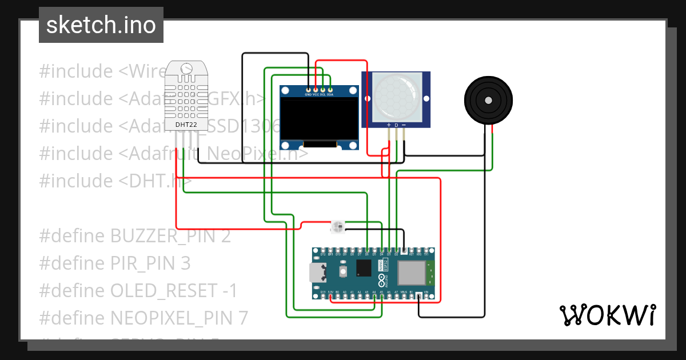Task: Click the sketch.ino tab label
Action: coord(101,25)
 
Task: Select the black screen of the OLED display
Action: coord(319,120)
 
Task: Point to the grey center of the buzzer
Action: coord(488,101)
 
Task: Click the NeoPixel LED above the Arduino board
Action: coord(337,227)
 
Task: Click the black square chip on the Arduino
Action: coord(364,267)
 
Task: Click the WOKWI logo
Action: coord(607,315)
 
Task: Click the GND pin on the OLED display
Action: coord(308,90)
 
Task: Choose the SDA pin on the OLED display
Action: coord(330,90)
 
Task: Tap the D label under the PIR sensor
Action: coord(396,125)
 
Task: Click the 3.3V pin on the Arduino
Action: coord(330,296)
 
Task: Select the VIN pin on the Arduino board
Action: coord(426,296)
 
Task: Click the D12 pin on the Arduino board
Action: coord(323,250)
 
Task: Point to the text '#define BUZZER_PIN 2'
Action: coord(135,236)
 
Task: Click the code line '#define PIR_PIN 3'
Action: coord(114,263)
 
